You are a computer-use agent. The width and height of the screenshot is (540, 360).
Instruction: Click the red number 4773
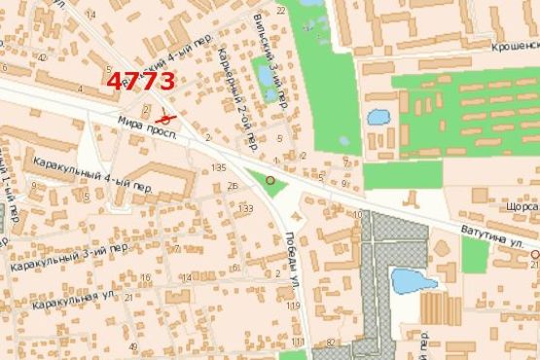click(142, 81)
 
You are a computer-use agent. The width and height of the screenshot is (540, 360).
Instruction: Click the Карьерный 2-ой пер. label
click(236, 96)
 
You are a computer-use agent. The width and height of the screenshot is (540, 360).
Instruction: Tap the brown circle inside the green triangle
click(270, 180)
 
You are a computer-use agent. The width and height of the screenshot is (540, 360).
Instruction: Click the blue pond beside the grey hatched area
click(414, 281)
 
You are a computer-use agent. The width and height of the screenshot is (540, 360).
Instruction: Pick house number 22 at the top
click(281, 10)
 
